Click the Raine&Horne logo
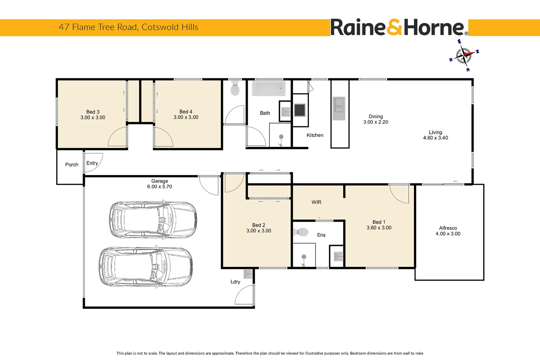(x=399, y=27)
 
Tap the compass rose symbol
(x=464, y=55)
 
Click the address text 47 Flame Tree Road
(x=99, y=27)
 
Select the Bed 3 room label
(x=93, y=112)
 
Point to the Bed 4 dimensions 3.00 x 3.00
(x=186, y=117)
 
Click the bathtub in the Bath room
(x=269, y=88)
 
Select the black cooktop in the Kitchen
(x=300, y=110)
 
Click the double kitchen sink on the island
(x=339, y=108)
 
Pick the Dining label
(x=375, y=117)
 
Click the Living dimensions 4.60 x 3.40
(x=435, y=138)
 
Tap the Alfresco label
(x=448, y=228)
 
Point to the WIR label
(x=316, y=202)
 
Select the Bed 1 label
(x=379, y=222)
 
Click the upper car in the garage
(x=153, y=220)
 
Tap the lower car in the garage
(x=146, y=267)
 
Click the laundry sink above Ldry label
(x=248, y=274)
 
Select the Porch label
(x=72, y=165)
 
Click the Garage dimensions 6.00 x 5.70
(x=160, y=187)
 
